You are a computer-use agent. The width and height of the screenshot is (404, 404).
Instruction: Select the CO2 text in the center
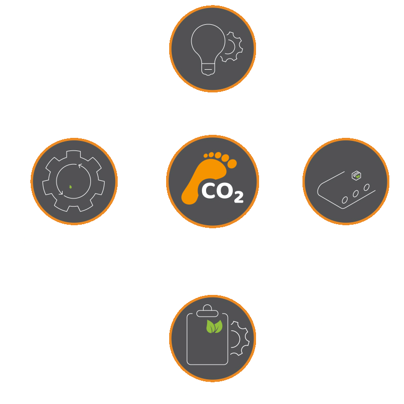223,192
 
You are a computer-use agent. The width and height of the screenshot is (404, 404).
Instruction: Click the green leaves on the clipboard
214,327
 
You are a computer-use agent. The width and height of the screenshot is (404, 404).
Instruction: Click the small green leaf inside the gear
70,186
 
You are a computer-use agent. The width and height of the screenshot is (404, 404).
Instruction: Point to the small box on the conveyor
357,175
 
